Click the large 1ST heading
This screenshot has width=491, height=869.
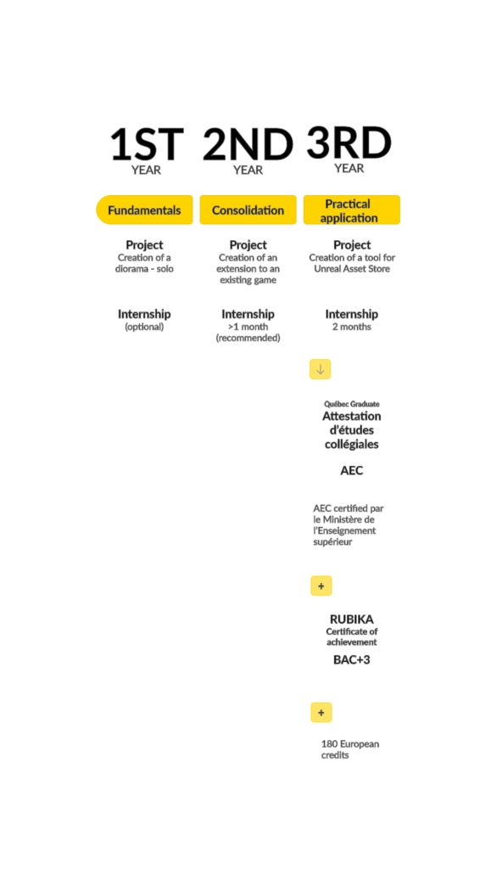pyautogui.click(x=147, y=143)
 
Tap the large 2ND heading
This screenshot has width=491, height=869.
pyautogui.click(x=248, y=144)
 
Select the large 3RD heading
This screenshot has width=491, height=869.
pyautogui.click(x=349, y=143)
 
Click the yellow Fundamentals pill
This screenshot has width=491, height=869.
pyautogui.click(x=144, y=210)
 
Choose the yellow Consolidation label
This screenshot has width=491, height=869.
pyautogui.click(x=248, y=210)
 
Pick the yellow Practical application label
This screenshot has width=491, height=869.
pyautogui.click(x=352, y=210)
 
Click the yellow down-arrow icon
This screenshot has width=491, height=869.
pyautogui.click(x=320, y=369)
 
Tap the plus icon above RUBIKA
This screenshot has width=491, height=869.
pyautogui.click(x=321, y=586)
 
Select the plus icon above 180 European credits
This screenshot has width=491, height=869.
pyautogui.click(x=321, y=712)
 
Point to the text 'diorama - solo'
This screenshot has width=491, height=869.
pyautogui.click(x=144, y=269)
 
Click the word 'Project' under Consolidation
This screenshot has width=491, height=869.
pyautogui.click(x=248, y=244)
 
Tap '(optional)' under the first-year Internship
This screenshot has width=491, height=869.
pyautogui.click(x=144, y=327)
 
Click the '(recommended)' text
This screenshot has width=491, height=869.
pyautogui.click(x=248, y=338)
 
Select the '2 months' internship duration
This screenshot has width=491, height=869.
pyautogui.click(x=352, y=327)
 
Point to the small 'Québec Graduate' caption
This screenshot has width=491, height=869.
pyautogui.click(x=352, y=404)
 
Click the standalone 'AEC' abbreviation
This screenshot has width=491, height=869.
pyautogui.click(x=352, y=470)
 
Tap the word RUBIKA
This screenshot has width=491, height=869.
pyautogui.click(x=352, y=619)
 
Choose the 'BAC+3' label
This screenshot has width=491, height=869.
pyautogui.click(x=352, y=660)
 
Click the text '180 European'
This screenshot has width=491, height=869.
pyautogui.click(x=350, y=743)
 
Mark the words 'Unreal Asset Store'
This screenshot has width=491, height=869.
pyautogui.click(x=352, y=269)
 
